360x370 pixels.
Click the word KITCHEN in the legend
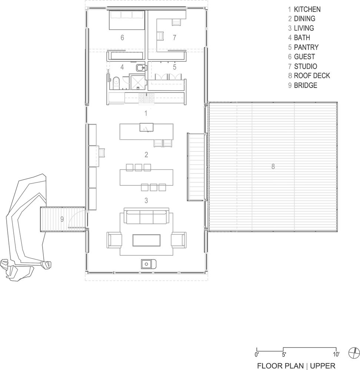(307, 10)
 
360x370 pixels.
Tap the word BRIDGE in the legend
(306, 85)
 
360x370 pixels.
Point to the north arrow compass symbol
(354, 353)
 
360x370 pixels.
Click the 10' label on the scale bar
(336, 354)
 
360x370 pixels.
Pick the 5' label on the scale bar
(284, 354)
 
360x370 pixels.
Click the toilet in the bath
(116, 83)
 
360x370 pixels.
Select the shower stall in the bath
(137, 82)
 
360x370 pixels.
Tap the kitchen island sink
(146, 127)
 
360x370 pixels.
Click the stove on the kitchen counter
(146, 98)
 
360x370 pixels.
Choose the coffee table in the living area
(146, 240)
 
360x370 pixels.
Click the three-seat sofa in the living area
(146, 216)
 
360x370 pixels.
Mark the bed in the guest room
(127, 20)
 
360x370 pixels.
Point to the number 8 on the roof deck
(273, 166)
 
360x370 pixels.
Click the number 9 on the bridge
(62, 219)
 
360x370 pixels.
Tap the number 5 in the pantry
(174, 67)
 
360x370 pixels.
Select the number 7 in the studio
(174, 37)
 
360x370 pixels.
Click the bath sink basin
(141, 68)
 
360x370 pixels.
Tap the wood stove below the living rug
(149, 264)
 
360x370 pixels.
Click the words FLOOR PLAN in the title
(280, 366)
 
